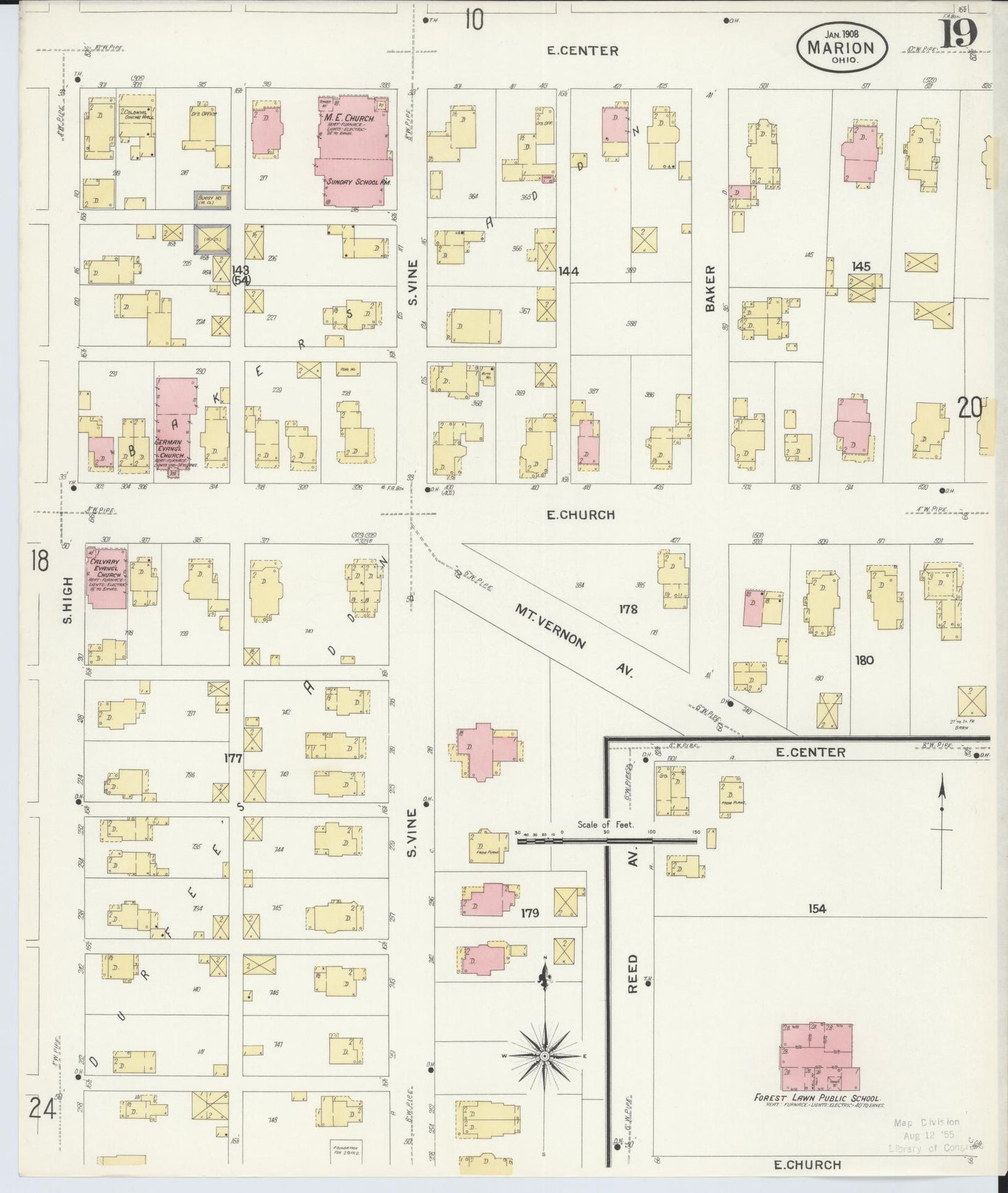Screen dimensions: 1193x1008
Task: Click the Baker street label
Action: point(710,287)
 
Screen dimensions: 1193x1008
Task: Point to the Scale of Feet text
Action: point(605,825)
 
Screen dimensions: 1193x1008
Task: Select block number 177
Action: point(233,758)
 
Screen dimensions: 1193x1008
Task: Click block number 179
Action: point(529,912)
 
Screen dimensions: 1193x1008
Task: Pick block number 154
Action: point(817,908)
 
